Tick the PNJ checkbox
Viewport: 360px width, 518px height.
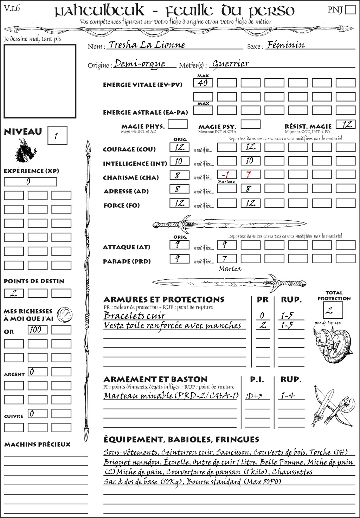(x=350, y=9)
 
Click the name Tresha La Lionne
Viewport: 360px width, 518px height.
(x=147, y=45)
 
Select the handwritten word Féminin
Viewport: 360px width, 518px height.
(x=285, y=45)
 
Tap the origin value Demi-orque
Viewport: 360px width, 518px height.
(x=140, y=63)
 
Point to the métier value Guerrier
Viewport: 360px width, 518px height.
(x=231, y=64)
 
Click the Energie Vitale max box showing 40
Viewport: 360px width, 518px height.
(x=203, y=83)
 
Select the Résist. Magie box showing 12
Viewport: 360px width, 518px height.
(x=346, y=124)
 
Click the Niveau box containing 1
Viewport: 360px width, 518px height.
(x=57, y=136)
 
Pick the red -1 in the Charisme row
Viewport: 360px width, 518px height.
(x=226, y=175)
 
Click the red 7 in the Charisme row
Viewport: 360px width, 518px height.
(x=250, y=175)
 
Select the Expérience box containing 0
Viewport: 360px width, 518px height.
(x=30, y=182)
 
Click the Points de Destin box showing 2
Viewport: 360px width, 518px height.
(x=14, y=293)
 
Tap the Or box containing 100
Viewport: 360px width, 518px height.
(x=37, y=330)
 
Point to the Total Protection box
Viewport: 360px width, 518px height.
(x=333, y=310)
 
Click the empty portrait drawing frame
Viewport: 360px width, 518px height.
(x=40, y=81)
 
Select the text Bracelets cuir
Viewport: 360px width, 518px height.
(x=134, y=315)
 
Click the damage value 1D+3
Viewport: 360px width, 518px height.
(x=254, y=396)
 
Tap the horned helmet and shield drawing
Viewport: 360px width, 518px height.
(x=331, y=344)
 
